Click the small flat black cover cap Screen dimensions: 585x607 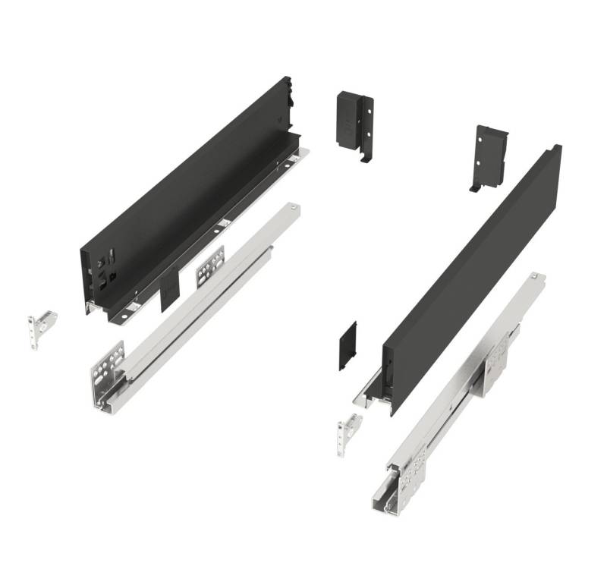[x=348, y=345]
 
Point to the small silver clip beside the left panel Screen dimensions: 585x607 [x=42, y=327]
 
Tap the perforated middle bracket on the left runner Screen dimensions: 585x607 [x=212, y=266]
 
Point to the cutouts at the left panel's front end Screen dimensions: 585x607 [x=103, y=272]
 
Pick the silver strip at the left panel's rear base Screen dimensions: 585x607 [x=300, y=157]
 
